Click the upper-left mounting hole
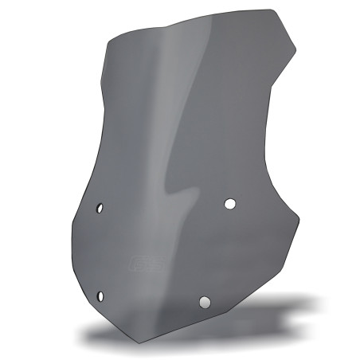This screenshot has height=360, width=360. [x=100, y=209]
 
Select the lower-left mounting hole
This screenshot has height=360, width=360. [x=101, y=295]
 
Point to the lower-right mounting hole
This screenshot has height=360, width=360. [x=205, y=302]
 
